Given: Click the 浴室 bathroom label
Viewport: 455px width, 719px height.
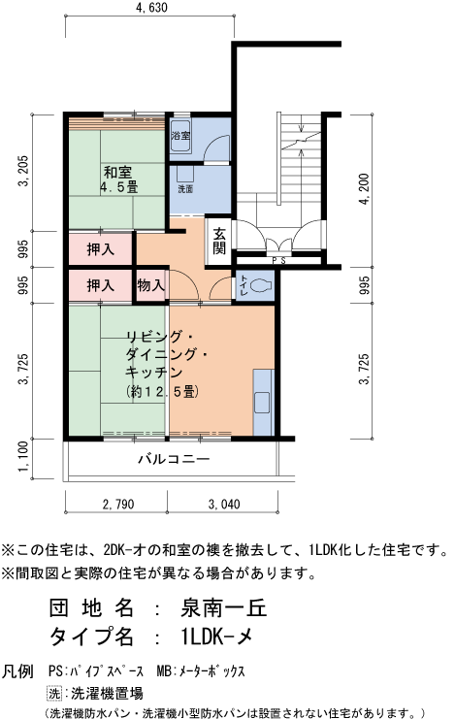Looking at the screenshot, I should coord(181,137).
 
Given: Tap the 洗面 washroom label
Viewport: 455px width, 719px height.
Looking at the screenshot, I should coord(184,189).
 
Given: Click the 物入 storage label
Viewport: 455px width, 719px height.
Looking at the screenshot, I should coord(150,286).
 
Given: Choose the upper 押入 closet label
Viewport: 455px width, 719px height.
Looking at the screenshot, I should coord(101,249).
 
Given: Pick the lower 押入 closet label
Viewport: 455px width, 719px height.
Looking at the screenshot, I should coord(101,286).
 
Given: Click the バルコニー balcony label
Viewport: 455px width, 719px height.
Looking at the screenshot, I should coord(174,459).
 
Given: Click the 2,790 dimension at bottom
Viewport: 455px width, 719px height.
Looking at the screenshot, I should coord(117,506).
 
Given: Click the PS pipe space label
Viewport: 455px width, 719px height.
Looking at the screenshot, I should coord(279,261).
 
